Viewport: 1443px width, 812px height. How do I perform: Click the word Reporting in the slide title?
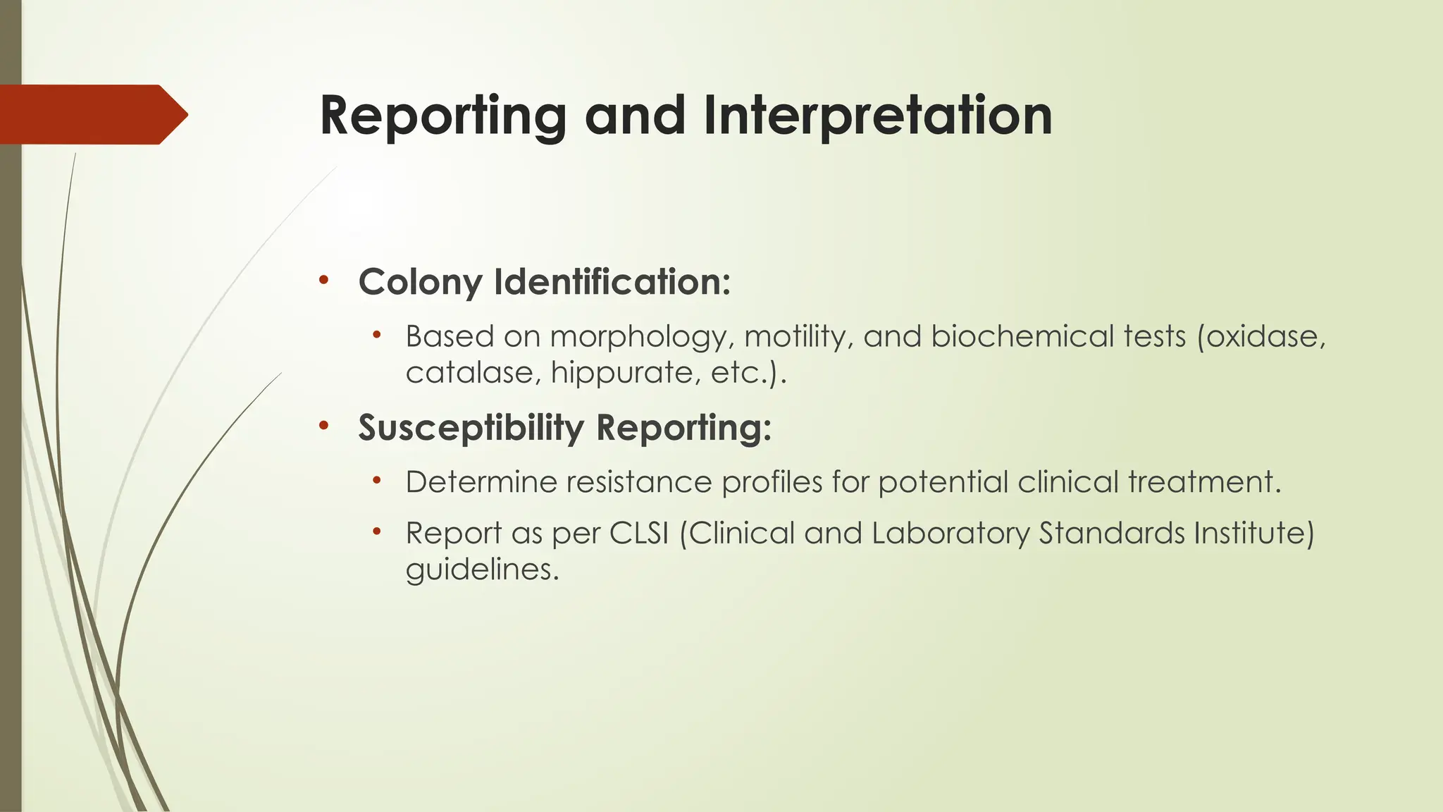pos(442,116)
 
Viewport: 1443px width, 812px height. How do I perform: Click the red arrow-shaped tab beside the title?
pos(92,114)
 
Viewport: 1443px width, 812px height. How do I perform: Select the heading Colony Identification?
pos(544,282)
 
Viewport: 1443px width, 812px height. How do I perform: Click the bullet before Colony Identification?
pos(323,281)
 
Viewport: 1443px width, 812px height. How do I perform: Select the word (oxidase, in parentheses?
pos(1261,337)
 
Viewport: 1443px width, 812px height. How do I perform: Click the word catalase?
pos(473,373)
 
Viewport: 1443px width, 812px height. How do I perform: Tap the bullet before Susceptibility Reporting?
pos(323,426)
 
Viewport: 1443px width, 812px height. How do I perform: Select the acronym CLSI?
pos(638,533)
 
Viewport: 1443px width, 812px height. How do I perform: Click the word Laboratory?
pos(950,534)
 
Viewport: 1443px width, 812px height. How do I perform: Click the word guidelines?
pos(482,570)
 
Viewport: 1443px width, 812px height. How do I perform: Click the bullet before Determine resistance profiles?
pos(377,481)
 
